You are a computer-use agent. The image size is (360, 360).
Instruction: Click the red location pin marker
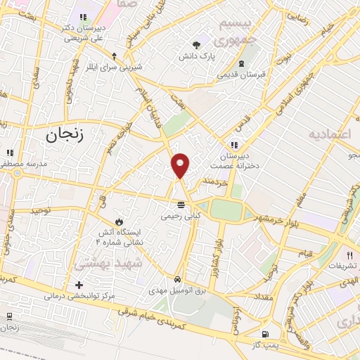coord(181,165)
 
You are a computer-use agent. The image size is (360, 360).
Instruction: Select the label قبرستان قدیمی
coord(240,73)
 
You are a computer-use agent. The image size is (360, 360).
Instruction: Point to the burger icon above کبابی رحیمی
coord(181,205)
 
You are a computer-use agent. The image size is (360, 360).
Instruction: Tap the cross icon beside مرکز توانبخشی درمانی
coord(79,285)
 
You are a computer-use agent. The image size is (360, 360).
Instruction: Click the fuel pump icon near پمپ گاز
coord(264,333)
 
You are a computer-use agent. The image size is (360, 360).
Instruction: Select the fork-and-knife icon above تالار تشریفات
coord(349,255)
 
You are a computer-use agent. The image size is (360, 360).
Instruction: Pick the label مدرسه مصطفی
coord(25,162)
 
